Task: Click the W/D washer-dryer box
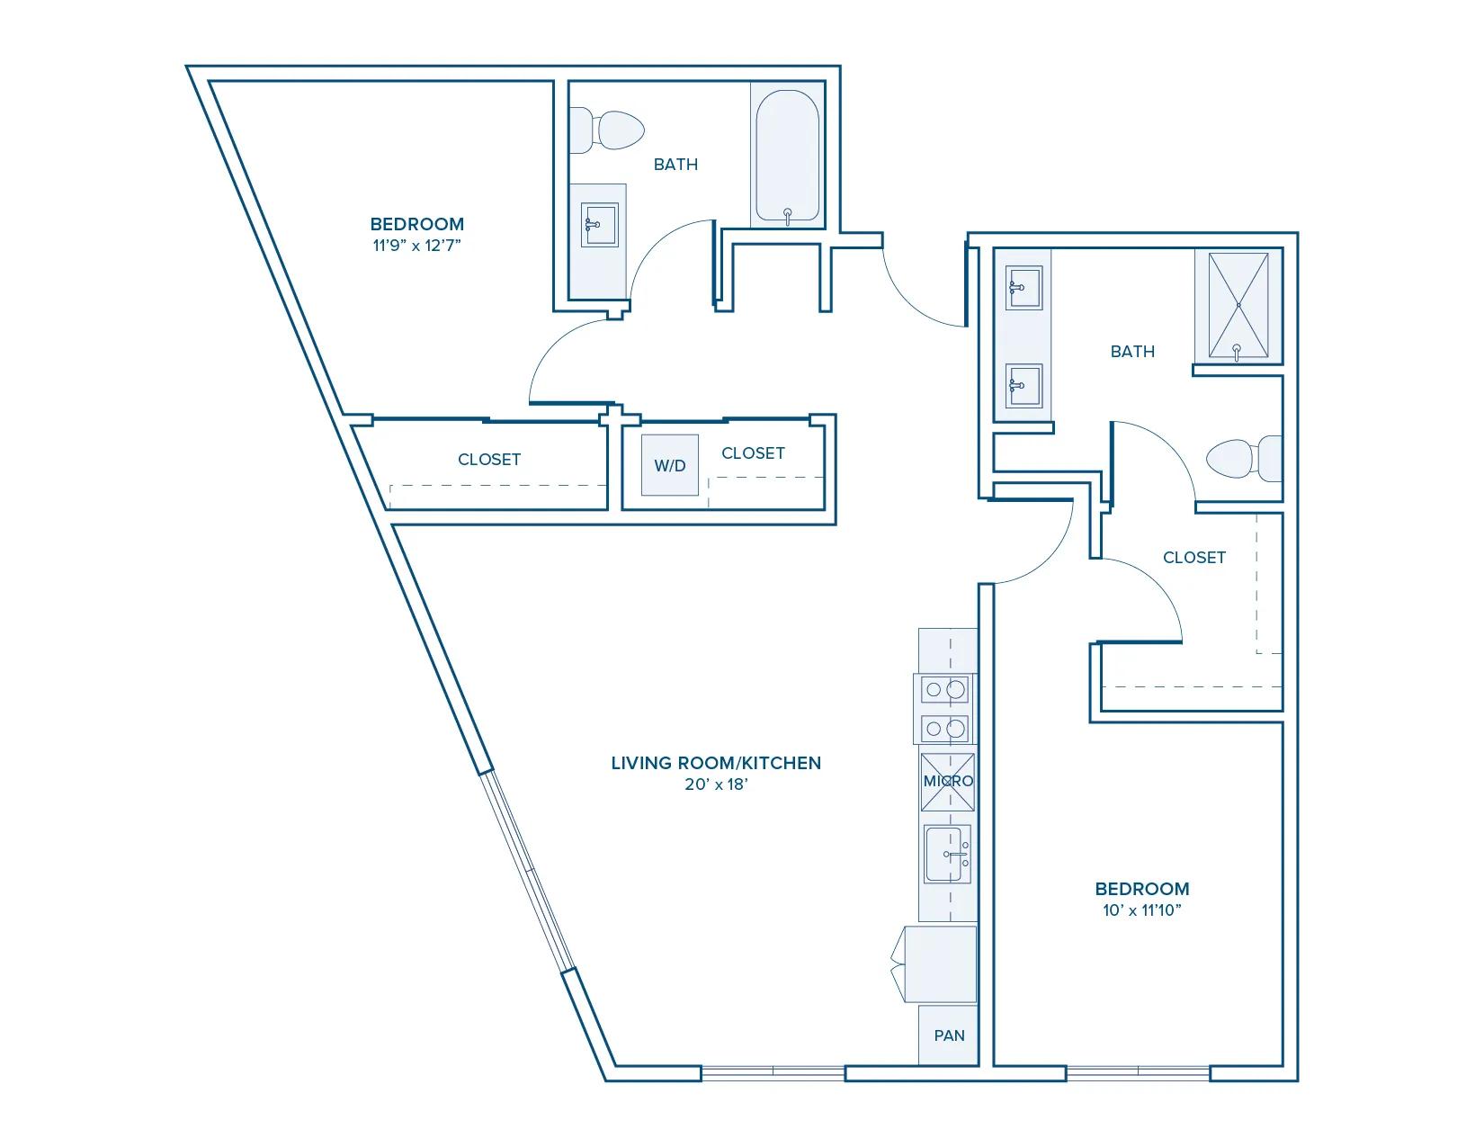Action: pyautogui.click(x=670, y=465)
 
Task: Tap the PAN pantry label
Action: pyautogui.click(x=949, y=1035)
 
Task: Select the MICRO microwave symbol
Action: pyautogui.click(x=948, y=781)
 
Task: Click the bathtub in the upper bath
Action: pyautogui.click(x=787, y=157)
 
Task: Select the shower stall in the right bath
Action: pyautogui.click(x=1238, y=307)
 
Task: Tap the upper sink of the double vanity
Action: pyautogui.click(x=1024, y=288)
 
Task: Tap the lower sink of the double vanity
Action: pyautogui.click(x=1024, y=386)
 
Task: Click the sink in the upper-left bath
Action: pyautogui.click(x=599, y=225)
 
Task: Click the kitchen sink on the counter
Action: pyautogui.click(x=948, y=855)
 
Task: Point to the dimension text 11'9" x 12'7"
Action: pyautogui.click(x=416, y=245)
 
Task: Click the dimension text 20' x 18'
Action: pyautogui.click(x=716, y=784)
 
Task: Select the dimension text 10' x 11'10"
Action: pyautogui.click(x=1142, y=910)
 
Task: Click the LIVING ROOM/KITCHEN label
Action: pyautogui.click(x=716, y=763)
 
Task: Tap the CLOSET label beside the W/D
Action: pyautogui.click(x=753, y=453)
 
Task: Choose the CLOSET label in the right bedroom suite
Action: pyautogui.click(x=1193, y=558)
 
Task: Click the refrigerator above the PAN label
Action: pyautogui.click(x=940, y=964)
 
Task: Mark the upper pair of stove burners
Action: pyautogui.click(x=946, y=690)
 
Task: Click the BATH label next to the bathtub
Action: pyautogui.click(x=675, y=165)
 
